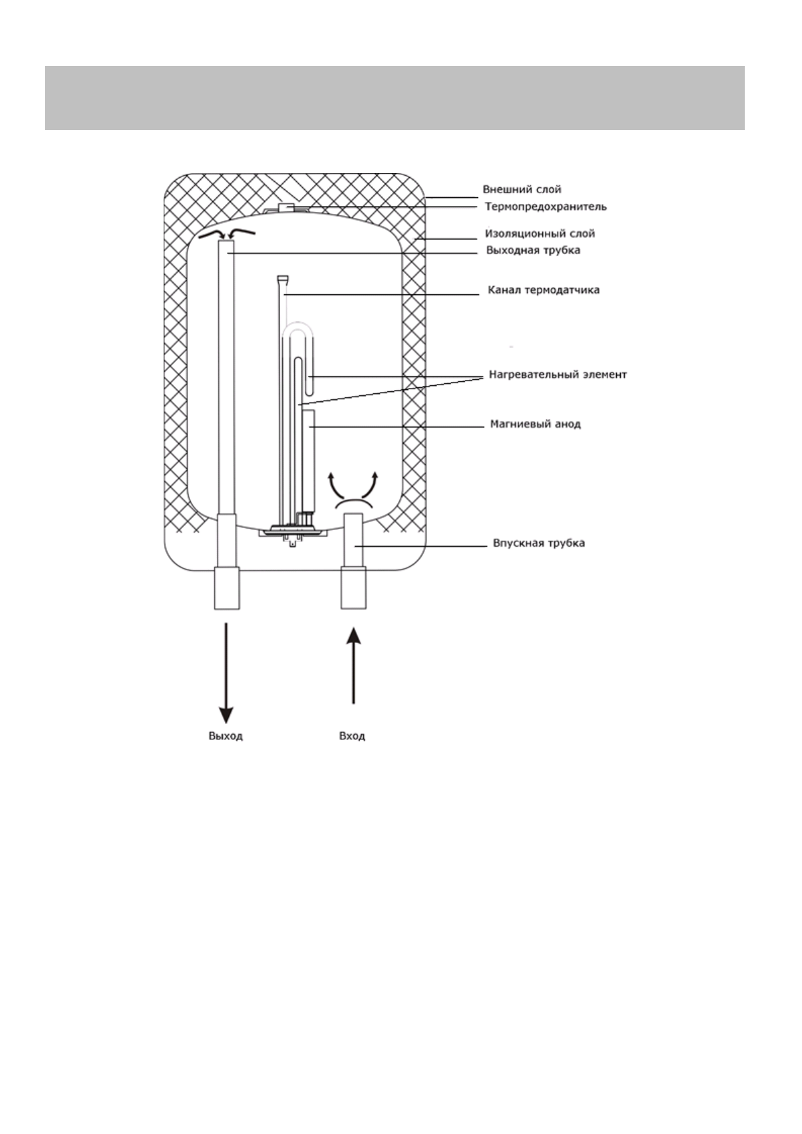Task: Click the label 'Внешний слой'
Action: pyautogui.click(x=522, y=190)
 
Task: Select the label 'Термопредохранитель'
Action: pyautogui.click(x=545, y=207)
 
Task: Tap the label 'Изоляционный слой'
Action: pyautogui.click(x=540, y=234)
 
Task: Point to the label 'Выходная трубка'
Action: pyautogui.click(x=533, y=251)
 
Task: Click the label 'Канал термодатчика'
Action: pyautogui.click(x=543, y=290)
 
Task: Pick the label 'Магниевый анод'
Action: pyautogui.click(x=535, y=424)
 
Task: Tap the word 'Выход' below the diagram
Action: pyautogui.click(x=226, y=736)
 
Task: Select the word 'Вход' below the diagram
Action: pyautogui.click(x=352, y=736)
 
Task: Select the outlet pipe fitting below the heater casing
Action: pyautogui.click(x=227, y=588)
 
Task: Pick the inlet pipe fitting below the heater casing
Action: pyautogui.click(x=354, y=588)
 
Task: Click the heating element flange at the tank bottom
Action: pyautogui.click(x=292, y=531)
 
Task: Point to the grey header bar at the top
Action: pyautogui.click(x=395, y=98)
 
